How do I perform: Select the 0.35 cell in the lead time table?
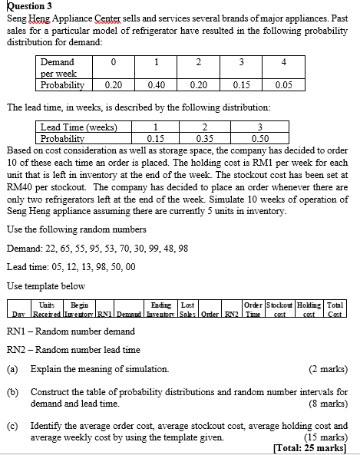click(x=205, y=139)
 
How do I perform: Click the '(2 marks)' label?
click(x=329, y=370)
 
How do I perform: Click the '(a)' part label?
click(x=12, y=370)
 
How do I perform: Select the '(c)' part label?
click(x=12, y=425)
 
